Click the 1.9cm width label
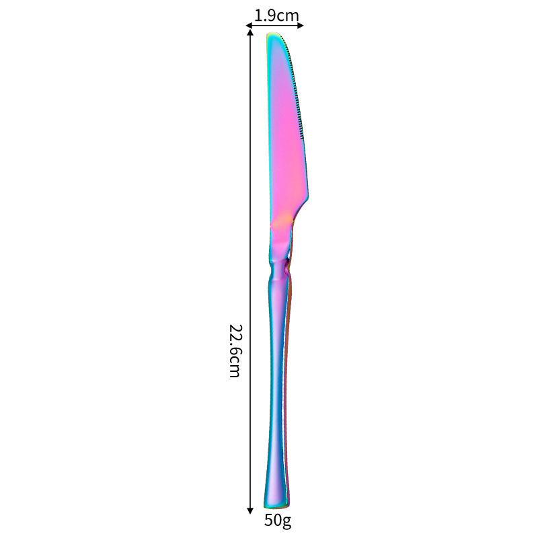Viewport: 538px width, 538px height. [x=276, y=14]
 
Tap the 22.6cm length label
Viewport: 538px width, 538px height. [x=234, y=350]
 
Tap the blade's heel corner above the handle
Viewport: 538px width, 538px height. [x=307, y=198]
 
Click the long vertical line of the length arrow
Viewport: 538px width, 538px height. [x=251, y=269]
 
